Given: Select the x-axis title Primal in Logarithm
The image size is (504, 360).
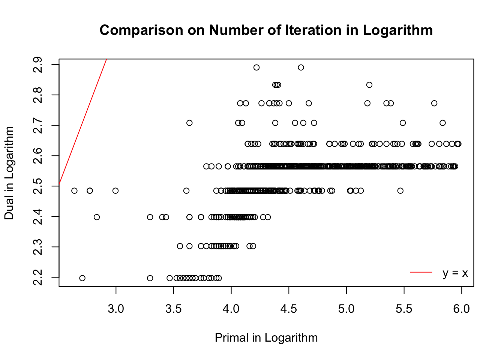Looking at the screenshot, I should click(x=266, y=338).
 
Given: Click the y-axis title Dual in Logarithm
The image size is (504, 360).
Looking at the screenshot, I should click(x=9, y=173).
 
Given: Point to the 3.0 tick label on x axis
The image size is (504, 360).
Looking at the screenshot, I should click(x=116, y=309).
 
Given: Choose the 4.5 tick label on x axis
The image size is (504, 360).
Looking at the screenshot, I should click(x=289, y=309).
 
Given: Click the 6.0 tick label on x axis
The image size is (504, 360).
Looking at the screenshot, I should click(x=461, y=309).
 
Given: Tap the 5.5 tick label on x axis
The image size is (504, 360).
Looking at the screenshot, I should click(x=404, y=309).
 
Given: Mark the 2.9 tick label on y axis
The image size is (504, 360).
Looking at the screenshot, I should click(x=38, y=65).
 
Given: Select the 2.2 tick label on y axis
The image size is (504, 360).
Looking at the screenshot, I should click(x=38, y=277).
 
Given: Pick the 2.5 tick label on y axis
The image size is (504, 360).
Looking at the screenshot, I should click(x=38, y=186).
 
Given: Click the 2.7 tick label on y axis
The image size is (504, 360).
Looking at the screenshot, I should click(x=38, y=125).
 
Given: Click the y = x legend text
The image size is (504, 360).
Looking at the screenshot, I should click(x=455, y=273).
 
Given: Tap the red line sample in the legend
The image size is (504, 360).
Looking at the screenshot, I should click(x=421, y=272).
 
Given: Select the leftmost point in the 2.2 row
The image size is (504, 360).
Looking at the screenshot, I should click(x=82, y=278).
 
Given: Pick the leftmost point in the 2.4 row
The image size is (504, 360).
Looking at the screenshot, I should click(x=97, y=217).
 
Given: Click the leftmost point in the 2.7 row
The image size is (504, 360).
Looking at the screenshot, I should click(x=189, y=123).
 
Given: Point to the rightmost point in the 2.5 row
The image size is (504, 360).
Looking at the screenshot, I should click(x=400, y=190).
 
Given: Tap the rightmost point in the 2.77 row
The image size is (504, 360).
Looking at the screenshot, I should click(x=434, y=103).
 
